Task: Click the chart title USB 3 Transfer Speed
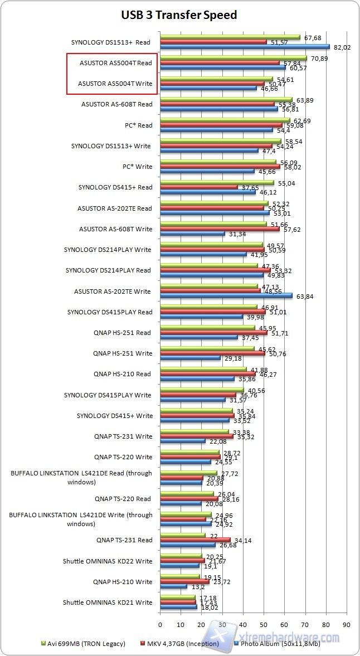[x=179, y=15]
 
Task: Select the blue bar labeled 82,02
[x=245, y=47]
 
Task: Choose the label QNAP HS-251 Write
[x=123, y=353]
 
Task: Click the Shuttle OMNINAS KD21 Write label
[x=108, y=602]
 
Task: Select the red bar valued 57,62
[x=220, y=229]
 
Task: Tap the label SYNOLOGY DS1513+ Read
[x=111, y=42]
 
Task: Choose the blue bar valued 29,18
[x=190, y=358]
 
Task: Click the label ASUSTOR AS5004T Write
[x=115, y=84]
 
